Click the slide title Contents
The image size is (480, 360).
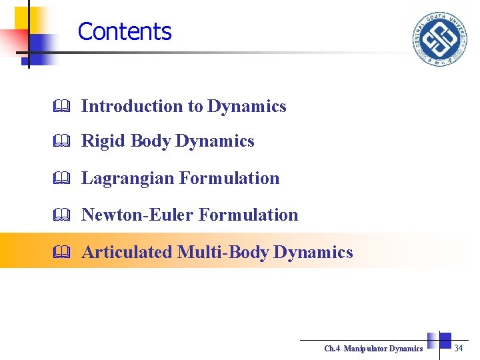125,31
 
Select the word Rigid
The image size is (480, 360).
104,141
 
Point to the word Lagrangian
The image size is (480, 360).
128,178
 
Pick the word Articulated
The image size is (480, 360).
127,252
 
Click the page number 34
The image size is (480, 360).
459,348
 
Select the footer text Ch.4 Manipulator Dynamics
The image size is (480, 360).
373,349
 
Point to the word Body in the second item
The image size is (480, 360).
151,141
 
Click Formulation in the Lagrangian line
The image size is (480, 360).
230,178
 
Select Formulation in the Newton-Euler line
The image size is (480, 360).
249,215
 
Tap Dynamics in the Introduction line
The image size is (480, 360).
247,106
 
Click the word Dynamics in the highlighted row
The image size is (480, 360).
313,252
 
